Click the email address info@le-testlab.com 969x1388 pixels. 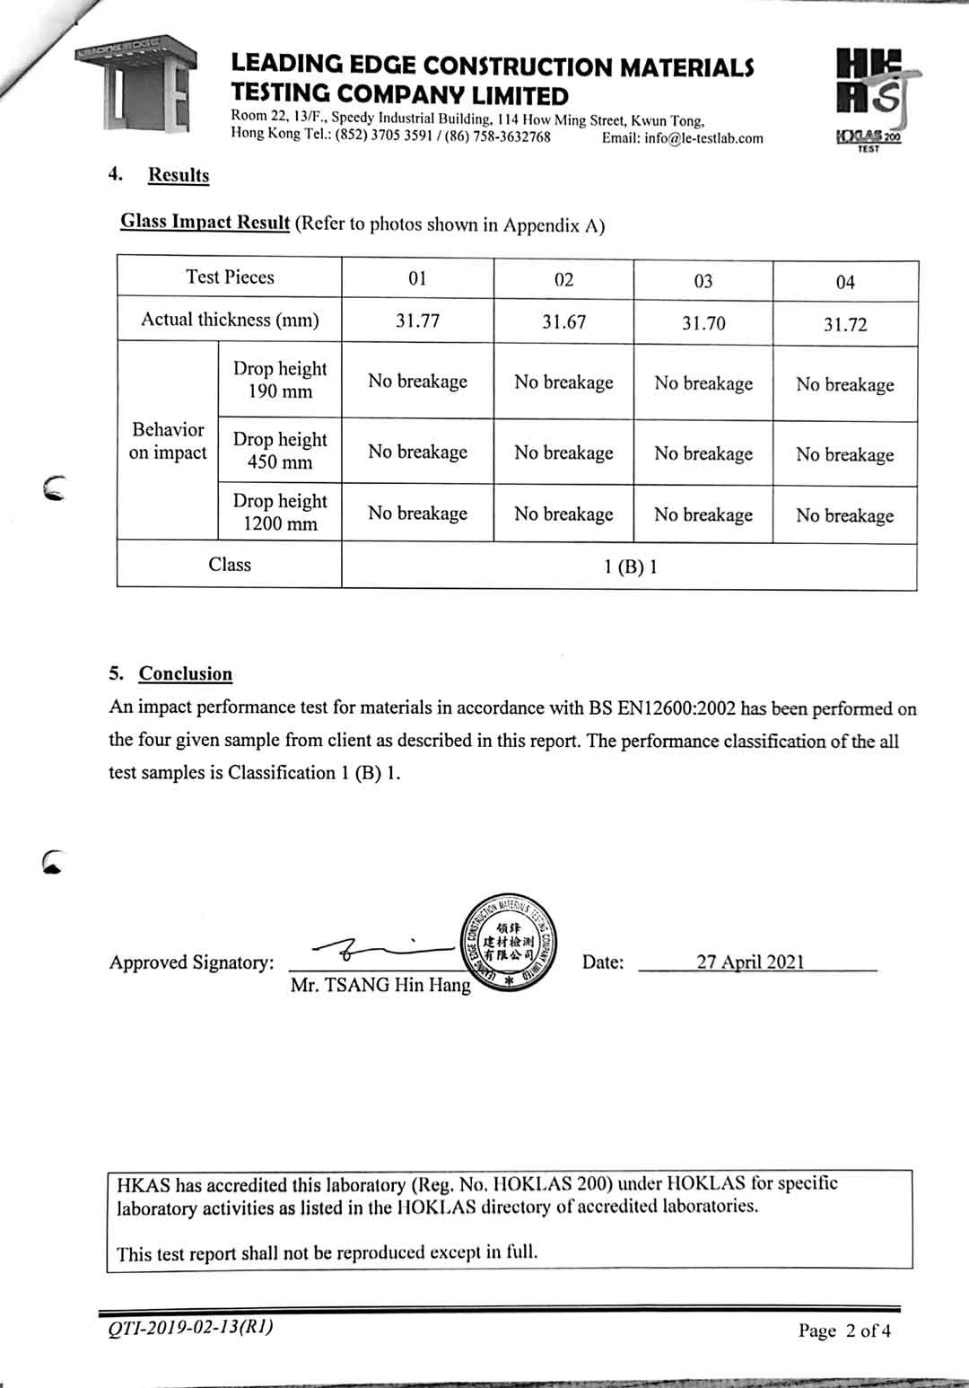683,138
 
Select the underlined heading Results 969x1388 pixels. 179,175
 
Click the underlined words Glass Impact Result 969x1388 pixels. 205,222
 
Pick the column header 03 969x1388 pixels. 703,281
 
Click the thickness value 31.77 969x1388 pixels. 418,321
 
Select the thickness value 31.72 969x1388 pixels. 845,324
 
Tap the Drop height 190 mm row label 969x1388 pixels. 280,380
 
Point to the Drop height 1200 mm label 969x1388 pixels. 280,513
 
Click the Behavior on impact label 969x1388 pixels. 168,441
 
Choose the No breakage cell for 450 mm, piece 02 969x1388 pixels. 563,452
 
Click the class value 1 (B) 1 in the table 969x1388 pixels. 630,567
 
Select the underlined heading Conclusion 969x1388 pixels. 186,673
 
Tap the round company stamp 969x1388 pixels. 510,942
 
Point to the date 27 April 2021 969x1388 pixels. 750,962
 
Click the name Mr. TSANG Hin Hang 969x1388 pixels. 380,985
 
